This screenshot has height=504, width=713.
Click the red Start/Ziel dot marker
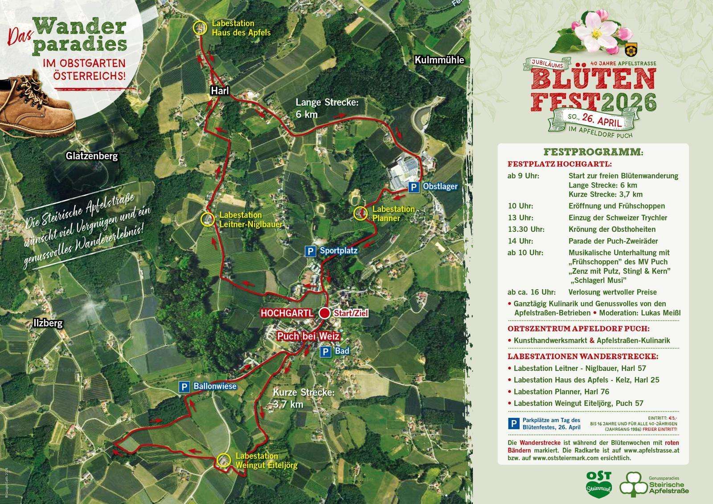coord(325,313)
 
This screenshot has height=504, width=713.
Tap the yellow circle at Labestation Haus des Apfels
coord(199,28)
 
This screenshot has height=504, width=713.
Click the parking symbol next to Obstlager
coord(414,187)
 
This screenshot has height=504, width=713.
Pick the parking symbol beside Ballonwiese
coord(184,387)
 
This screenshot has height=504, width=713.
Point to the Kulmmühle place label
coord(439,60)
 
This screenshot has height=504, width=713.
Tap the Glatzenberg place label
coord(91,156)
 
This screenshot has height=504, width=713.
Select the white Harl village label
coord(220,91)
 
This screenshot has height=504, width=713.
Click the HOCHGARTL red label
coord(287,314)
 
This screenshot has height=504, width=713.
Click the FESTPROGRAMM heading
coord(593,152)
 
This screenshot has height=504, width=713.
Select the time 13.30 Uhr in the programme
coord(526,229)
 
